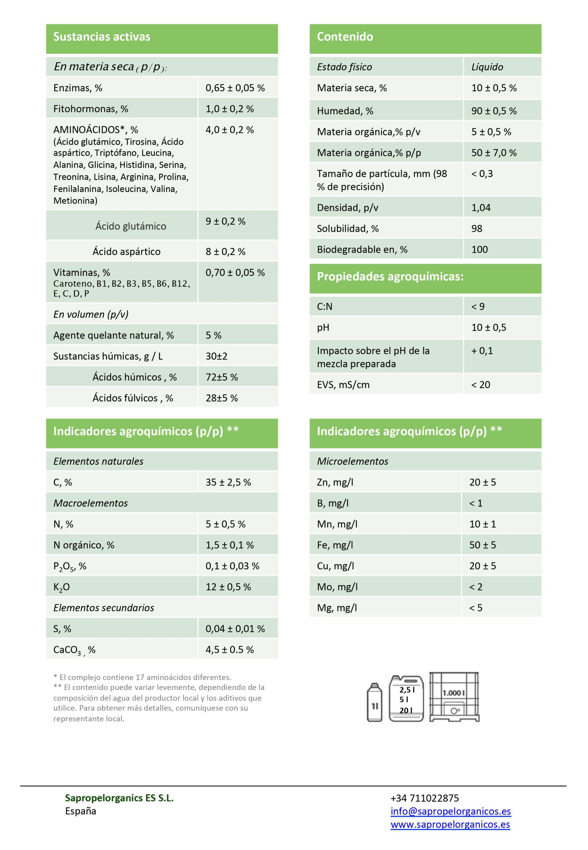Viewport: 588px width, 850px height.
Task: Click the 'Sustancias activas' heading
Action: [102, 37]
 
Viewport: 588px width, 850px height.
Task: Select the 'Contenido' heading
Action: [345, 37]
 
